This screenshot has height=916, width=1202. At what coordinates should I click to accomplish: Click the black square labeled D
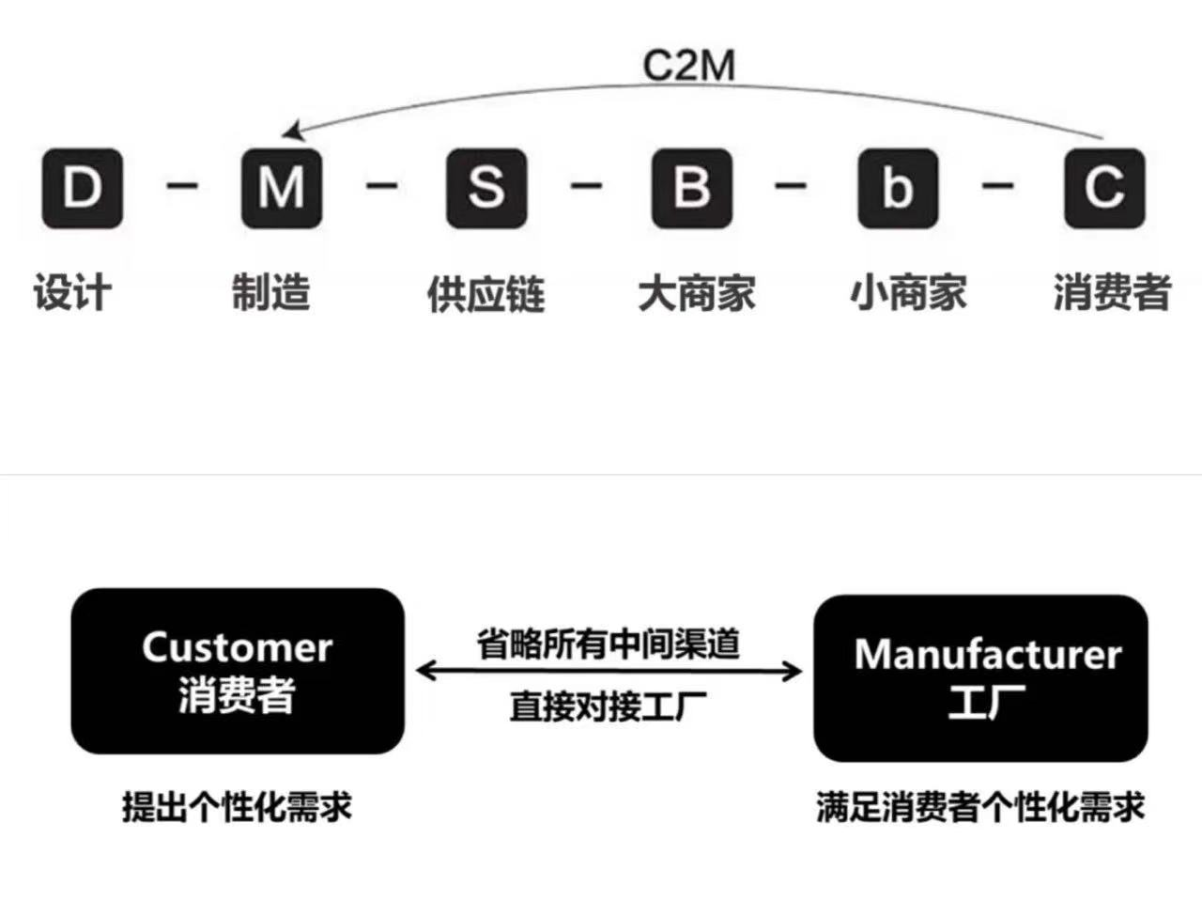[82, 188]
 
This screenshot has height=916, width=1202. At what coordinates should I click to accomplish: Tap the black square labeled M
[282, 188]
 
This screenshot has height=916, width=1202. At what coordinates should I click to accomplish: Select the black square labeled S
[485, 188]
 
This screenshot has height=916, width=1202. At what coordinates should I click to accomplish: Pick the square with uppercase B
[692, 188]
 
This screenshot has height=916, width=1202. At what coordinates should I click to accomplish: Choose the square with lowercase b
[898, 188]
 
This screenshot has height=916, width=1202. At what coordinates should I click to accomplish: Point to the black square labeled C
[1104, 188]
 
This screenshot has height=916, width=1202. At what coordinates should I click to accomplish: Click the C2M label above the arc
[688, 65]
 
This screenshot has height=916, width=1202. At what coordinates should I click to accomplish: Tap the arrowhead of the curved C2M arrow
[292, 131]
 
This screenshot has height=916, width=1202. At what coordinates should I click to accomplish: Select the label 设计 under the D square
[72, 292]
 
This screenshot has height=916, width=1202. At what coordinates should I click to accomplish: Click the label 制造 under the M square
[271, 292]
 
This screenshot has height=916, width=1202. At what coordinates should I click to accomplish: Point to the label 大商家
[697, 293]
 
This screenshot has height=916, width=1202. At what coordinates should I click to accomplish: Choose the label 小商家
[908, 293]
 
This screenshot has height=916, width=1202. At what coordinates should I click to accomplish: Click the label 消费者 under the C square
[1112, 292]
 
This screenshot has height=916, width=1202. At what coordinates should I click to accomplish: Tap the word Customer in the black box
[237, 647]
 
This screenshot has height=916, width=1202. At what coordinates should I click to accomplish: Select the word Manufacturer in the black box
[988, 655]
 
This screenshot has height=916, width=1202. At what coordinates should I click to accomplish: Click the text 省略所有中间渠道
[609, 644]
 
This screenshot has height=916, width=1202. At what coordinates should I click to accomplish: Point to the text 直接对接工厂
[609, 706]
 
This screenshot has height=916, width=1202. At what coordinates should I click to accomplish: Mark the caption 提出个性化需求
[237, 807]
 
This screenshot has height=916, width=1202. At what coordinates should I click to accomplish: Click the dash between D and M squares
[182, 185]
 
